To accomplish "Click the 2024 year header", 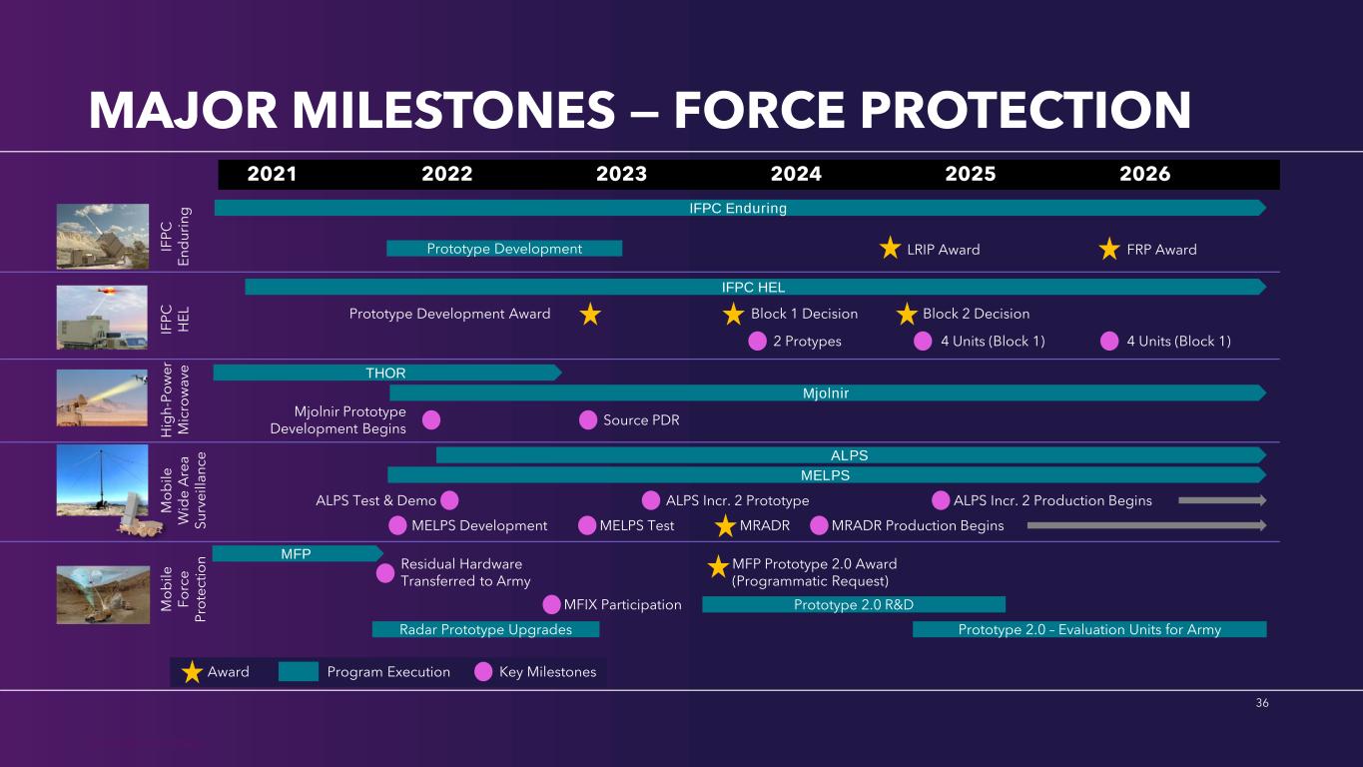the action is point(796,174).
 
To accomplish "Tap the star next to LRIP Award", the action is point(890,248).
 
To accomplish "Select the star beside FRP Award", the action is point(1109,249).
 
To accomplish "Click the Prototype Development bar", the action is point(504,249).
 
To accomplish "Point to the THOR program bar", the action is point(387,373).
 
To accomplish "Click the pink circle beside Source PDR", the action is point(588,420).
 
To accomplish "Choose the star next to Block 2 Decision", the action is point(907,314).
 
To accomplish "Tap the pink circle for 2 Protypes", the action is point(757,341).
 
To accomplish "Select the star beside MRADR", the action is point(725,526).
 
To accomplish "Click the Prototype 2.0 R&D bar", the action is point(854,604).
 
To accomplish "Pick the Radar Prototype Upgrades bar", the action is point(485,629).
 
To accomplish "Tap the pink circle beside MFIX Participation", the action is point(551,604).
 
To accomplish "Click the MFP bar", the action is point(298,553).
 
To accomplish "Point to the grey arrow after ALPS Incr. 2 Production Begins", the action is point(1222,500).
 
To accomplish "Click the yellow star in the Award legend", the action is point(192,672).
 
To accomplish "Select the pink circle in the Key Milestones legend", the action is point(483,672).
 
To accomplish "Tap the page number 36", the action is point(1262,703).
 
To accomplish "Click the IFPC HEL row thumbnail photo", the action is point(102,318).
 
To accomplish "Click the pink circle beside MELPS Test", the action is point(586,525).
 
